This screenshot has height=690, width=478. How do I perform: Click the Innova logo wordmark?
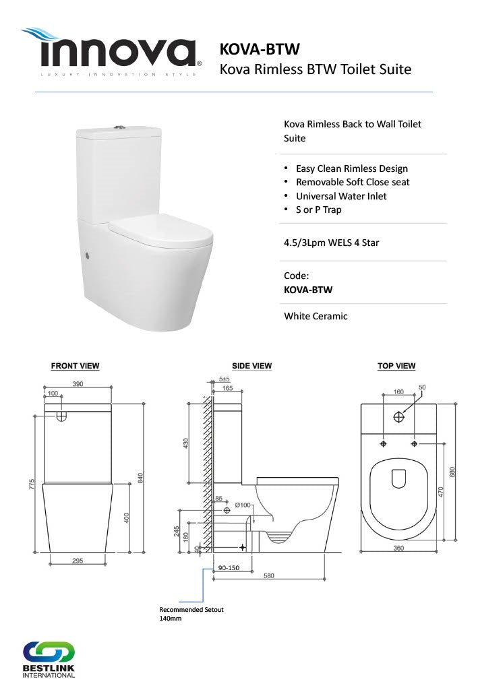pyautogui.click(x=111, y=52)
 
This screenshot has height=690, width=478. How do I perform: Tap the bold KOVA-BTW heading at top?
pyautogui.click(x=260, y=49)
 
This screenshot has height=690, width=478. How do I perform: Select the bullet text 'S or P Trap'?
pyautogui.click(x=319, y=210)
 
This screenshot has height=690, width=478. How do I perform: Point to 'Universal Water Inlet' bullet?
pyautogui.click(x=341, y=196)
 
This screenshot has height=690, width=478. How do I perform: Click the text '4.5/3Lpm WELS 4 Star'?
pyautogui.click(x=332, y=243)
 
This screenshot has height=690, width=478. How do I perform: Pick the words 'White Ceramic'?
pyautogui.click(x=316, y=316)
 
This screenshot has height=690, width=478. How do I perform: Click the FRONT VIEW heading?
pyautogui.click(x=76, y=366)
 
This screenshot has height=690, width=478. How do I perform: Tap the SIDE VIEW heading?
pyautogui.click(x=251, y=366)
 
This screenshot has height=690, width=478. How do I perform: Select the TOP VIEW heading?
pyautogui.click(x=396, y=366)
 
